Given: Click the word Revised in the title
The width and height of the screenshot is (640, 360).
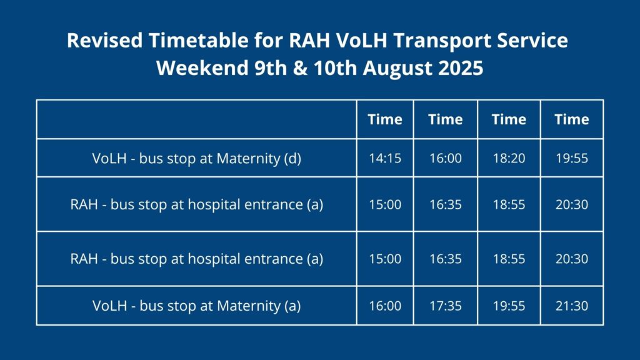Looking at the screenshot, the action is pos(104,41).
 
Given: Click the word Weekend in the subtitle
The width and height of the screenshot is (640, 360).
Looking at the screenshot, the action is pos(202,67).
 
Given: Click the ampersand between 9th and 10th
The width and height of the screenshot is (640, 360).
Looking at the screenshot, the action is pos(300,67).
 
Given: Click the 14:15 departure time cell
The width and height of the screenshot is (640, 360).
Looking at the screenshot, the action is pos(385,158).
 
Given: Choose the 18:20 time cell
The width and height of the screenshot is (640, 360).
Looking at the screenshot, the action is pos(509,158).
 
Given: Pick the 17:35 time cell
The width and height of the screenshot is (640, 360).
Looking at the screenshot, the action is pos(445,306).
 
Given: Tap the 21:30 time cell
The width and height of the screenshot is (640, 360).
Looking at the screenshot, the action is pos(571,306).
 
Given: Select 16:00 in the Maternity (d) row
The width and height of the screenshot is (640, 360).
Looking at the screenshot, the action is pos(445,158).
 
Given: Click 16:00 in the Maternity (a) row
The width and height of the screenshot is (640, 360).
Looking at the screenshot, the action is pos(385,306).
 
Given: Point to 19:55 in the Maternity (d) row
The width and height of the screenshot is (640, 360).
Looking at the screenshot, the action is pos(571,158).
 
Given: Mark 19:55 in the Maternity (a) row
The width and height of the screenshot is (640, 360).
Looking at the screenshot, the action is pos(509,306).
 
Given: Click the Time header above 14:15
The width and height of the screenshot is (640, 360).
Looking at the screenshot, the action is pos(385,119).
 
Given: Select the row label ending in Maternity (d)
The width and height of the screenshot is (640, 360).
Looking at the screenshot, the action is pos(196,158).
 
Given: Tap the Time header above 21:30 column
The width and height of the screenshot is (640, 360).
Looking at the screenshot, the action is pos(571,119).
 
